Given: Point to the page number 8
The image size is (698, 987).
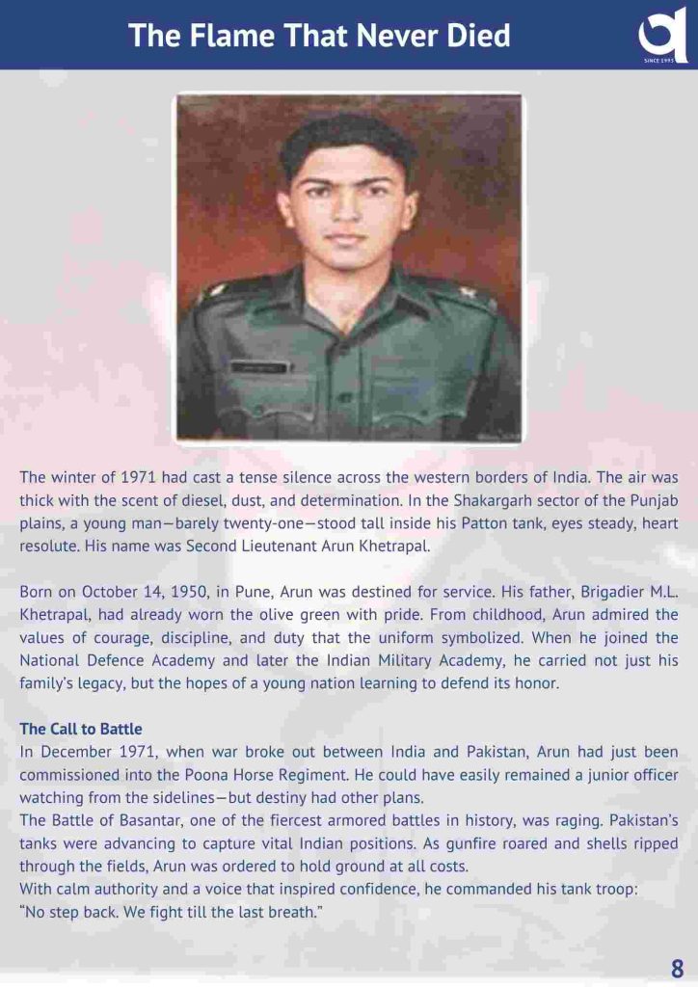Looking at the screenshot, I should coord(678,968).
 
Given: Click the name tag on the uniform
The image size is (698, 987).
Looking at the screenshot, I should coord(257,366).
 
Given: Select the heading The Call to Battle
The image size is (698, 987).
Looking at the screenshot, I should coord(80,729).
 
